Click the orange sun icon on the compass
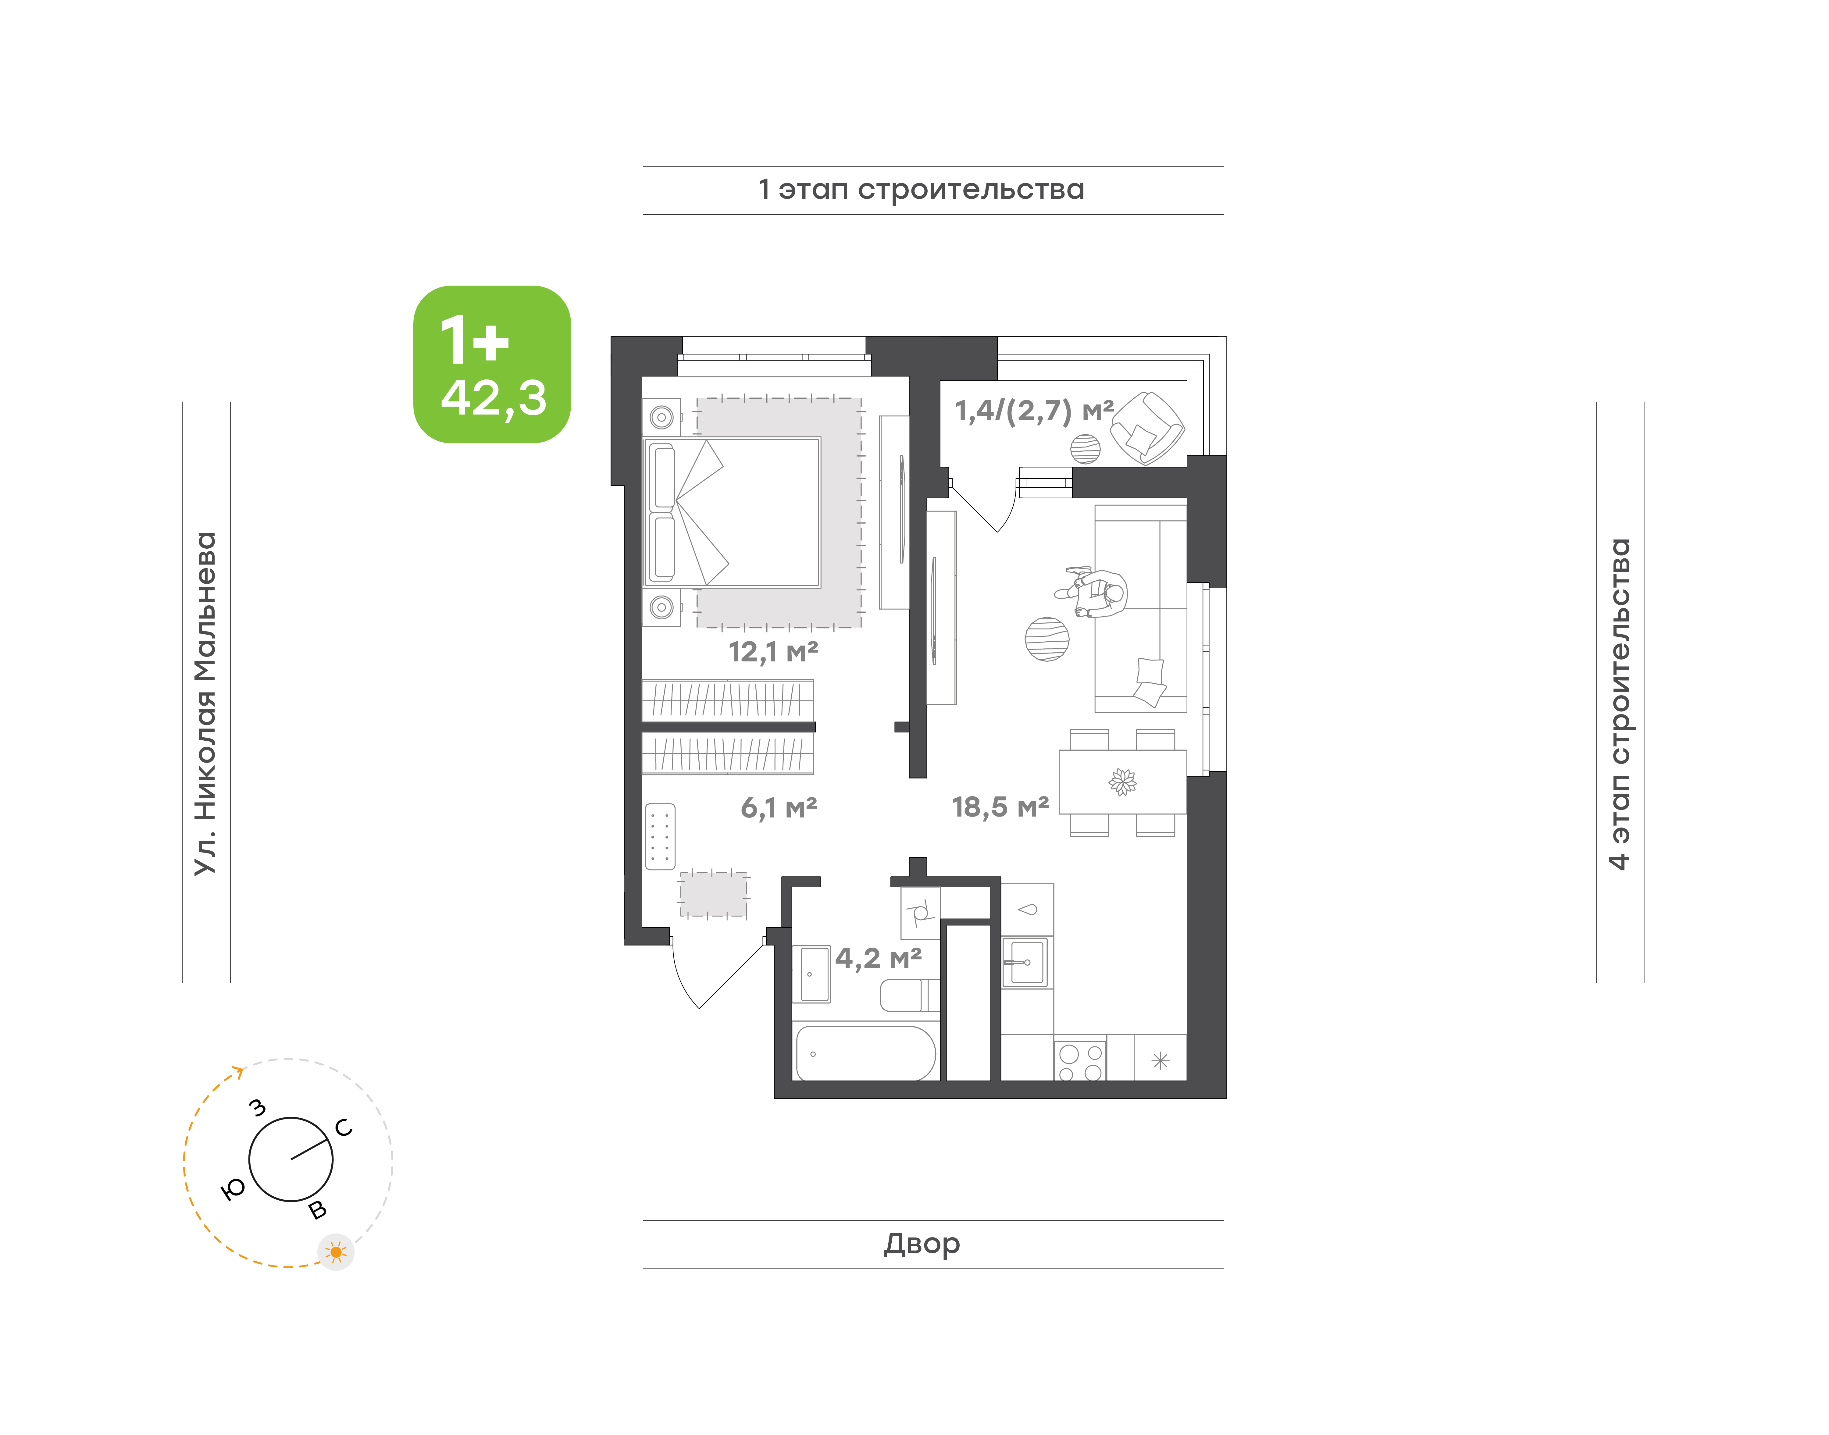coord(336,1252)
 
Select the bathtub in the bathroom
coord(865,1052)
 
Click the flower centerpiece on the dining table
coord(1122,782)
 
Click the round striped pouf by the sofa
coord(1047,639)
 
